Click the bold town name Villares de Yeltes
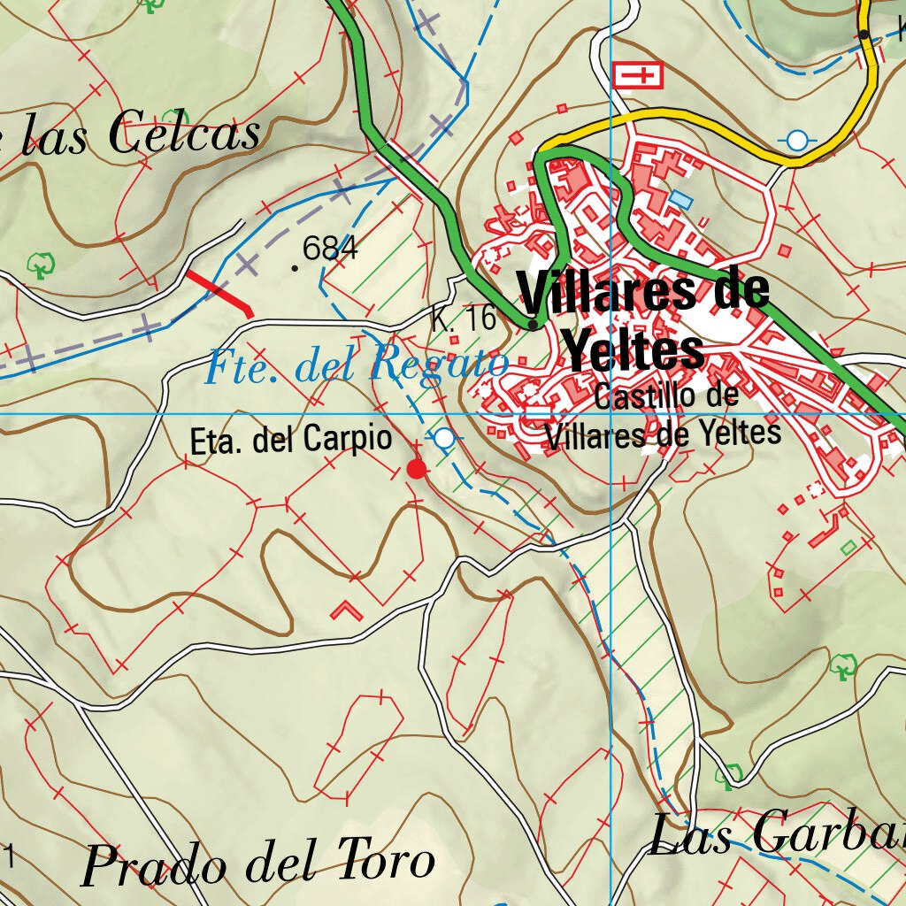642,320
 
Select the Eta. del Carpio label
291,440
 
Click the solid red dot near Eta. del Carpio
416,469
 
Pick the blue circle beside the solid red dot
445,438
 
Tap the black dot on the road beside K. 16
532,326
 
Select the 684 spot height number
330,250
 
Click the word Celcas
184,134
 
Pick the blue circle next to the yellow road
798,140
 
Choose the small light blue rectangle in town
680,198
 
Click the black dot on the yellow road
863,35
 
